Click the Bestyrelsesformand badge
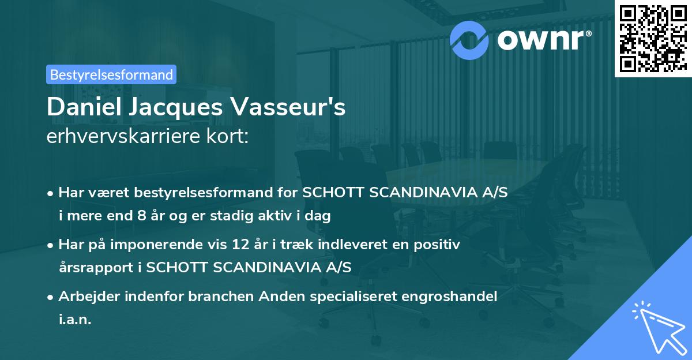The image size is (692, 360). click(x=111, y=74)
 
